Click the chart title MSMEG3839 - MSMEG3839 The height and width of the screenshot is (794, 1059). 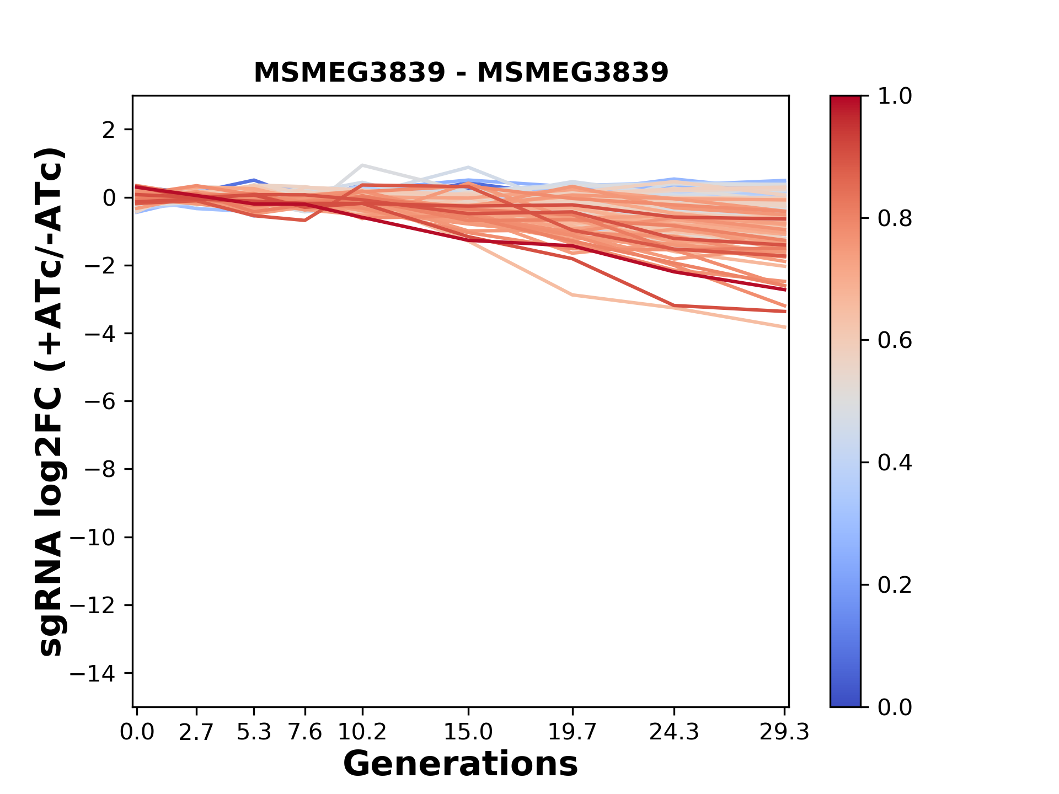click(461, 72)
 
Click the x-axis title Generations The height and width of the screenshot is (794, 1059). click(461, 764)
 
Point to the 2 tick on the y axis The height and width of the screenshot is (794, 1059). click(109, 130)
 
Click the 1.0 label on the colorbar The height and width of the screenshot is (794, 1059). click(895, 96)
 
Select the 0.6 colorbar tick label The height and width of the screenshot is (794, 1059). click(895, 341)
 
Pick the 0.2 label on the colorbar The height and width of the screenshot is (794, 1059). click(895, 585)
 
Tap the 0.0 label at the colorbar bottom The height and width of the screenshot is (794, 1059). click(895, 707)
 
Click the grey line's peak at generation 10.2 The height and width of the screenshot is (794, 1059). click(362, 165)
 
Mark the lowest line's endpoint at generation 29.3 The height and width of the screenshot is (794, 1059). click(785, 328)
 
